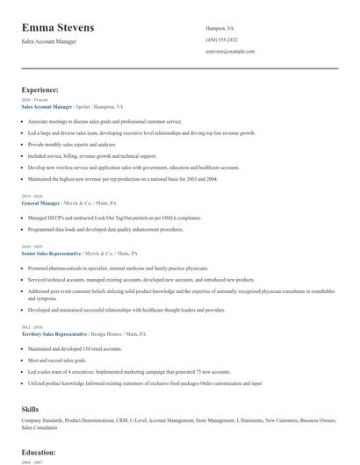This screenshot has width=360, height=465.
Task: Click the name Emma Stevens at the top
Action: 58,27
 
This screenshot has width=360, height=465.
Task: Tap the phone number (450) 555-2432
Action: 221,39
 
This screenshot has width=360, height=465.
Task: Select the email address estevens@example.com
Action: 230,52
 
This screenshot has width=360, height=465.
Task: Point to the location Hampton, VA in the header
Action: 220,28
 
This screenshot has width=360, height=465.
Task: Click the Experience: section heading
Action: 40,89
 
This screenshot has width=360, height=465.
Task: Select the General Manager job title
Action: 40,203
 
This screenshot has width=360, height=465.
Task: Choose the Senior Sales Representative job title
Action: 53,253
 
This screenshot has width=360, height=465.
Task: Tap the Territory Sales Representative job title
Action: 54,334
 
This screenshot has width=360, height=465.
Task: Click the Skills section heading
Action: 30,409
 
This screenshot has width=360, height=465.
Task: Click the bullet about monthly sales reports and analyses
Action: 72,144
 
